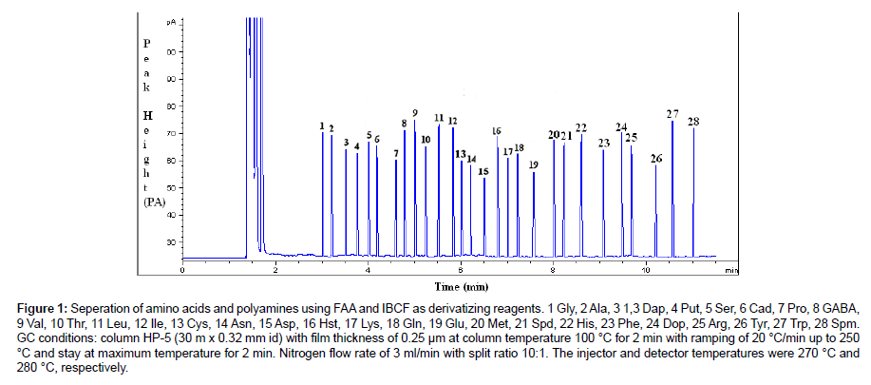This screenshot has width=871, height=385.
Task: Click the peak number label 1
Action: [x=322, y=125]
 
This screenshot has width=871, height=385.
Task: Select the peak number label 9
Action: [x=415, y=113]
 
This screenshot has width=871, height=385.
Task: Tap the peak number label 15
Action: [x=483, y=171]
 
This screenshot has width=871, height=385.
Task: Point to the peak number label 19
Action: [x=534, y=164]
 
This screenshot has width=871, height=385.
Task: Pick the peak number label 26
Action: [x=655, y=158]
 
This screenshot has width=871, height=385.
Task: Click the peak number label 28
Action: [x=693, y=121]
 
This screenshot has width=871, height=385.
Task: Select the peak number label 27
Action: [x=672, y=114]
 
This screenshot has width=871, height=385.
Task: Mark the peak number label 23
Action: [x=604, y=143]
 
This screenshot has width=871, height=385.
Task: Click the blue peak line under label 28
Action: [x=693, y=190]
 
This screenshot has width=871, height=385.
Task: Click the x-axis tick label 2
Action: [x=275, y=270]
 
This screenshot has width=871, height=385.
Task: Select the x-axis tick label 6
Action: [x=460, y=270]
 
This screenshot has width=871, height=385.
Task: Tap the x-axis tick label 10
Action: [x=646, y=270]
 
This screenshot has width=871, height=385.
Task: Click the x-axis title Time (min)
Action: [x=462, y=285]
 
